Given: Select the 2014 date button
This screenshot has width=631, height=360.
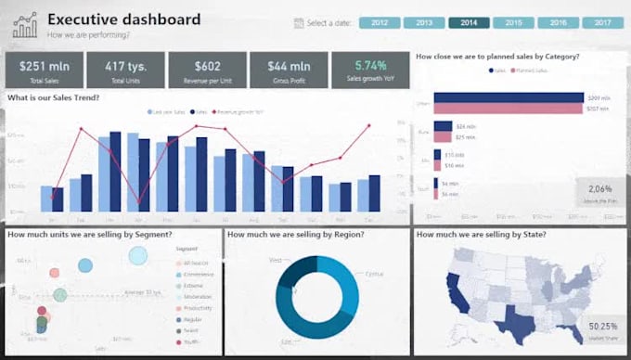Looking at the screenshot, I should pyautogui.click(x=469, y=22).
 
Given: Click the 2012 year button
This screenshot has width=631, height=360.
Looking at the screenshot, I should pyautogui.click(x=379, y=22).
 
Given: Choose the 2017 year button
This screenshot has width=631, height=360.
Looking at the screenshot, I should pyautogui.click(x=603, y=22).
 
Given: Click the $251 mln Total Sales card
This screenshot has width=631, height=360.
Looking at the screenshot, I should pyautogui.click(x=44, y=70).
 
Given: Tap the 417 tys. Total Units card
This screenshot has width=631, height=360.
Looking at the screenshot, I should pyautogui.click(x=125, y=70).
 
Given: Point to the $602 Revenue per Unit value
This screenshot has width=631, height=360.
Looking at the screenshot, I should pyautogui.click(x=207, y=66).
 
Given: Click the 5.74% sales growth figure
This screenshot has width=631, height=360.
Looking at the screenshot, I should pyautogui.click(x=370, y=66).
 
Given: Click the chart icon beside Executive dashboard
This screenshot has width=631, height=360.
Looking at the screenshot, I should pyautogui.click(x=25, y=25).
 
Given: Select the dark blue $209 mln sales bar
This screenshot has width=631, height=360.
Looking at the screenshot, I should pyautogui.click(x=508, y=97).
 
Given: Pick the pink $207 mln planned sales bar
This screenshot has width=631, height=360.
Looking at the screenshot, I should pyautogui.click(x=508, y=109).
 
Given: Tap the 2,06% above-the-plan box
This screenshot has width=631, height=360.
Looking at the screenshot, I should pyautogui.click(x=600, y=193).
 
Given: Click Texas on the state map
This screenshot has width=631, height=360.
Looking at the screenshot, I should pyautogui.click(x=512, y=321).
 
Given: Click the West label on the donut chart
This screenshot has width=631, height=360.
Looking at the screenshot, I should pyautogui.click(x=275, y=261).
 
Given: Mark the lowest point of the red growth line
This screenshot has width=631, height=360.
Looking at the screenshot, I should pyautogui.click(x=140, y=202).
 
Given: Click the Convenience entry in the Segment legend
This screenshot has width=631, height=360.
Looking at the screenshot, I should pyautogui.click(x=198, y=273).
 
